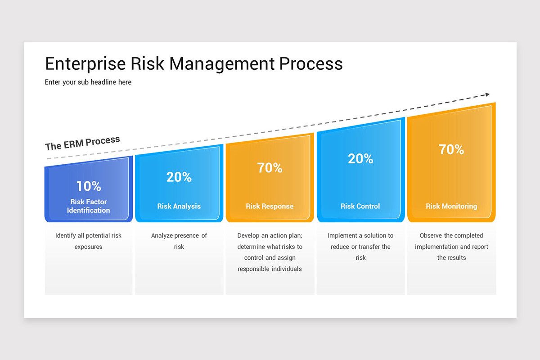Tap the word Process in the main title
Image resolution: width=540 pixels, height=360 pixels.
[311, 63]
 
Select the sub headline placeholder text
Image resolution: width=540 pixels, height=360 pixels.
[88, 82]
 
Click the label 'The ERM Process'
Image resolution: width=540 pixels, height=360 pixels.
[83, 143]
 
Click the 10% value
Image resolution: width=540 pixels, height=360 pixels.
[89, 186]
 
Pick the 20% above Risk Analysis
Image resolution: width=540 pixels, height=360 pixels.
[179, 177]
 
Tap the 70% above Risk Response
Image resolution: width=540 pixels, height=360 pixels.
[270, 167]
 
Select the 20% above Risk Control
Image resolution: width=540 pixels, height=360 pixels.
[360, 158]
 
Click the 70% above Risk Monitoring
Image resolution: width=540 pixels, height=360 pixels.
[451, 149]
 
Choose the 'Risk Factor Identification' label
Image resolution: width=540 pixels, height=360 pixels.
[89, 206]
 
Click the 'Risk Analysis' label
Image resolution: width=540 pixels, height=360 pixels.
[179, 206]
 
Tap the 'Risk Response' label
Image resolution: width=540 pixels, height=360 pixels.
[270, 206]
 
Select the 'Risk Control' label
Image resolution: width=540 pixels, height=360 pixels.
[360, 206]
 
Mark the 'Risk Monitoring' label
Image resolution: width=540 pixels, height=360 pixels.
[451, 206]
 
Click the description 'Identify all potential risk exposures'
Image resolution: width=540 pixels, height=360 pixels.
[89, 241]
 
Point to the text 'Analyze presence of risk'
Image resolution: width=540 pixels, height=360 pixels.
[179, 241]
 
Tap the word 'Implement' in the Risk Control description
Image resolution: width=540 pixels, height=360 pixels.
[342, 235]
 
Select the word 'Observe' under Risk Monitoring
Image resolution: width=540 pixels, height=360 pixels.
[431, 235]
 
